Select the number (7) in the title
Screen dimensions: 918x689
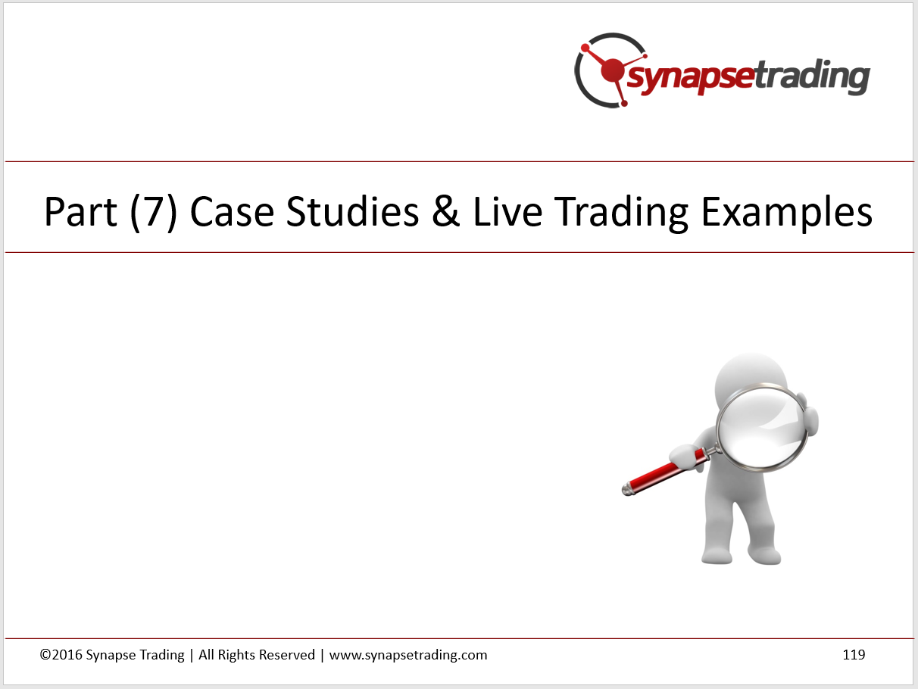click(154, 213)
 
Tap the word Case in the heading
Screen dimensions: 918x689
click(232, 212)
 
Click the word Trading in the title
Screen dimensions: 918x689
click(621, 214)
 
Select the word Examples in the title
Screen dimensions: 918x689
click(786, 214)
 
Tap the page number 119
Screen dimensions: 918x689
click(854, 655)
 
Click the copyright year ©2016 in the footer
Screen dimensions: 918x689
click(61, 655)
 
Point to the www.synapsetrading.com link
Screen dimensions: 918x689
click(408, 656)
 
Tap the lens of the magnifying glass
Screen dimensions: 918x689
click(762, 428)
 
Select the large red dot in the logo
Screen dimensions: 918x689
click(613, 70)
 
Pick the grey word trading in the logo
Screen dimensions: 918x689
click(812, 77)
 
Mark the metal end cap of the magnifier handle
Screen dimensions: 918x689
click(627, 489)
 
